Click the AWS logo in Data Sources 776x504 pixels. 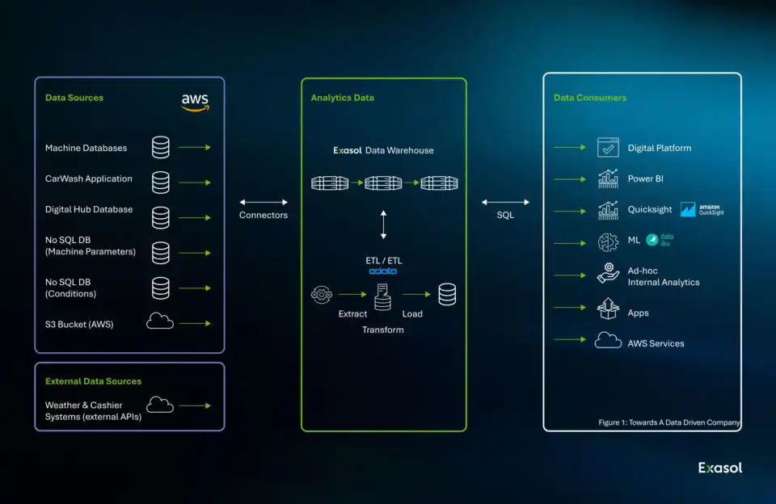(195, 103)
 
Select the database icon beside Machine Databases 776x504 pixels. (161, 148)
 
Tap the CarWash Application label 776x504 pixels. (89, 178)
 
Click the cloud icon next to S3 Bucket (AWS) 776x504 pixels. (160, 322)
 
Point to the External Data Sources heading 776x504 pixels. (93, 381)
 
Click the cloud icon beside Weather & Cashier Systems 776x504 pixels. (160, 405)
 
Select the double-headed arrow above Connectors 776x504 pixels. (264, 202)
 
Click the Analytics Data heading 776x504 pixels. (342, 98)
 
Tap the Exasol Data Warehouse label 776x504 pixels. (384, 150)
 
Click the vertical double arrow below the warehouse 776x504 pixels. (384, 225)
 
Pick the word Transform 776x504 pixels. (383, 330)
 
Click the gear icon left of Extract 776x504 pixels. (322, 295)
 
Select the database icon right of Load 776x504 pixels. (447, 295)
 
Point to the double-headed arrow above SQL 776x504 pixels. (505, 202)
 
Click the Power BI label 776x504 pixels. (645, 178)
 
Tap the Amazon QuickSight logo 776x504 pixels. (702, 209)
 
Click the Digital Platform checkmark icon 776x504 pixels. (608, 148)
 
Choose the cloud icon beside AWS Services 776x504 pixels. (608, 341)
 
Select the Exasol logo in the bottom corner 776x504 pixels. (720, 468)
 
